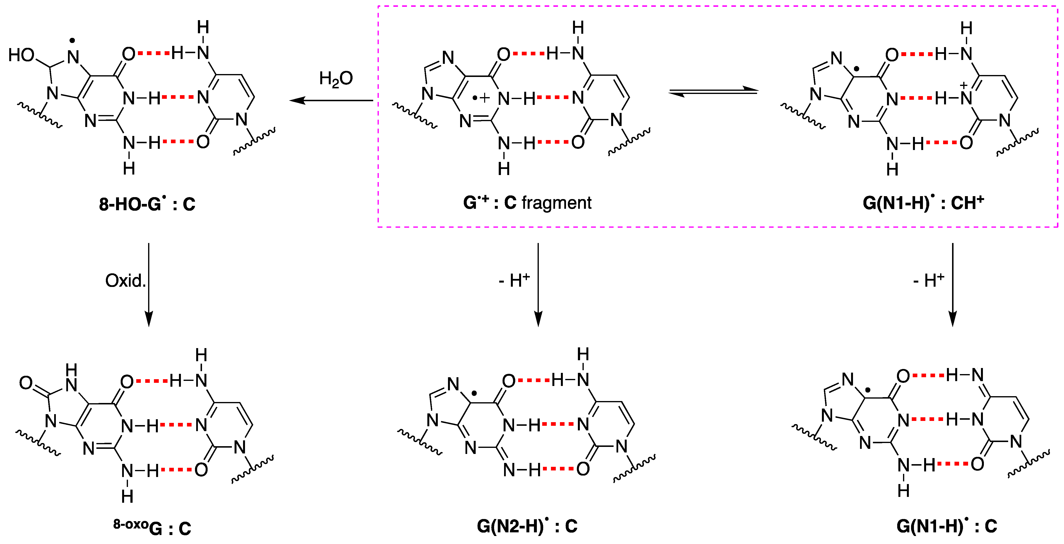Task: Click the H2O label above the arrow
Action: (x=336, y=78)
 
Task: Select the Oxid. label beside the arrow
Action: (x=125, y=281)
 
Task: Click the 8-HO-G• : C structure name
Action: (x=147, y=204)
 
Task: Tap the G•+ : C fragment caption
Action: (x=527, y=203)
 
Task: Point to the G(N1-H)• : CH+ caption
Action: (x=923, y=203)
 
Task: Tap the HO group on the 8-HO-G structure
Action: (x=21, y=55)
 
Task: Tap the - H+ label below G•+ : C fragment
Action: (x=514, y=281)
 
